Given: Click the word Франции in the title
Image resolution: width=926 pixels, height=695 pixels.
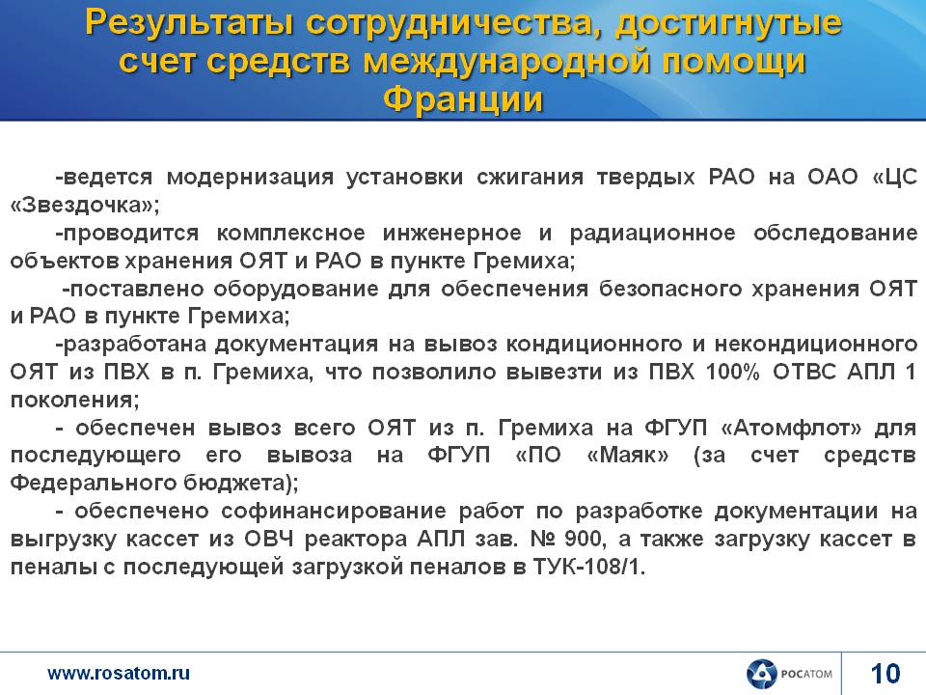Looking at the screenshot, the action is click(463, 99).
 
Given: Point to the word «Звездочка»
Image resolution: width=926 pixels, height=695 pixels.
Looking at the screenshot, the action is click(85, 205).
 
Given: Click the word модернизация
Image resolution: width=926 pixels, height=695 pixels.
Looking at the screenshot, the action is click(250, 177).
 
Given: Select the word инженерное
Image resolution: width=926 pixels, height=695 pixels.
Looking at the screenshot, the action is click(451, 233).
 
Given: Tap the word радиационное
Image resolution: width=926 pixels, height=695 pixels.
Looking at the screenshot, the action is click(653, 233).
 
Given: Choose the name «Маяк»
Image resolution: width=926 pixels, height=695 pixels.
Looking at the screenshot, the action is click(628, 455).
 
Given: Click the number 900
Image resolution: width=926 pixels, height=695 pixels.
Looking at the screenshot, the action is click(582, 539).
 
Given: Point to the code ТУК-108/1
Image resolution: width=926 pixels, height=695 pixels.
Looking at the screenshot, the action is click(588, 567).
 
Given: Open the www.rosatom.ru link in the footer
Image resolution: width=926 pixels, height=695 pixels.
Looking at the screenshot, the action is click(119, 673).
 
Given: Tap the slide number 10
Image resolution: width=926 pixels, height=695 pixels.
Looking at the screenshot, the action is click(885, 674).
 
